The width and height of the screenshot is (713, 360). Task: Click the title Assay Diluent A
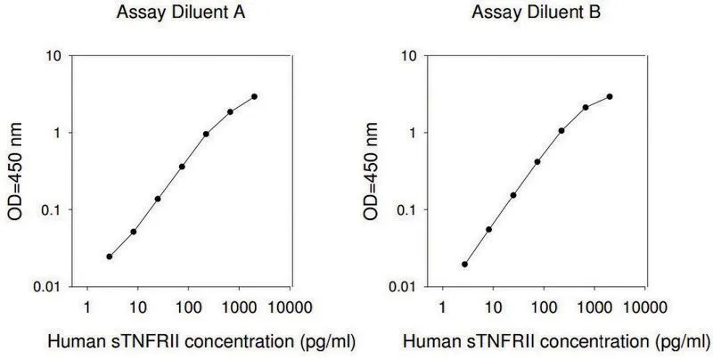pyautogui.click(x=181, y=12)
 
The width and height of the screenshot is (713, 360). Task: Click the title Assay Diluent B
pyautogui.click(x=537, y=12)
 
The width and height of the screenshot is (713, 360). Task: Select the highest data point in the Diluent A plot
pyautogui.click(x=254, y=96)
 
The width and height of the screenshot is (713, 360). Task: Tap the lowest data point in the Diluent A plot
pyautogui.click(x=109, y=257)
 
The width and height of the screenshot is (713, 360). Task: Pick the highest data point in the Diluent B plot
pyautogui.click(x=610, y=96)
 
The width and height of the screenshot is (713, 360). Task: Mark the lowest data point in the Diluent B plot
pyautogui.click(x=464, y=264)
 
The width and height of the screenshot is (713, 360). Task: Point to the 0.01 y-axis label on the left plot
pyautogui.click(x=48, y=287)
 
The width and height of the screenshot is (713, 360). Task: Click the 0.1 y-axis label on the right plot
pyautogui.click(x=408, y=210)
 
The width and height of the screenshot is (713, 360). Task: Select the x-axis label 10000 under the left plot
pyautogui.click(x=290, y=307)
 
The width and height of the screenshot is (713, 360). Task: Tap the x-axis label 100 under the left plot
pyautogui.click(x=188, y=307)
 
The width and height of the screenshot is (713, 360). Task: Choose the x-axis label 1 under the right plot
pyautogui.click(x=442, y=307)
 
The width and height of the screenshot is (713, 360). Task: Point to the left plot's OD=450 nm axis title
pyautogui.click(x=14, y=171)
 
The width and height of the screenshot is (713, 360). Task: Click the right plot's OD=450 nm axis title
pyautogui.click(x=370, y=171)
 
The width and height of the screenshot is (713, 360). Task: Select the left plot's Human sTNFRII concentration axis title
pyautogui.click(x=201, y=341)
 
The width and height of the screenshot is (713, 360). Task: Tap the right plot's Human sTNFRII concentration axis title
pyautogui.click(x=556, y=341)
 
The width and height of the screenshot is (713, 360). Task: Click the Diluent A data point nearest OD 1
pyautogui.click(x=206, y=134)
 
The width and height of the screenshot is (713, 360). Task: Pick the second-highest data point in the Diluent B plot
pyautogui.click(x=586, y=107)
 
